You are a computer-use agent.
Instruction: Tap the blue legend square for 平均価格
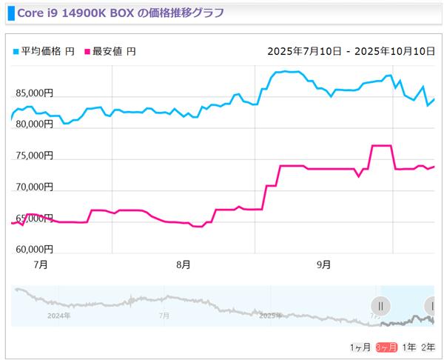[x=16, y=52]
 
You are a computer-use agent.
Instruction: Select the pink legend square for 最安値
[x=87, y=52]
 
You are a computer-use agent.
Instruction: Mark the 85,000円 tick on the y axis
[x=33, y=93]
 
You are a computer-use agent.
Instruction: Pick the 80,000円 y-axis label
[x=33, y=124]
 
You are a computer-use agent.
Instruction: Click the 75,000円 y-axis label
[x=33, y=156]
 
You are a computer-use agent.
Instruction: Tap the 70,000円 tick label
[x=33, y=187]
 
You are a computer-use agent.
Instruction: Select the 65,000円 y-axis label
[x=33, y=218]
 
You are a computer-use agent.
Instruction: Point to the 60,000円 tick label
[x=33, y=249]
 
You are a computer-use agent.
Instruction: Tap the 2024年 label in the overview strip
[x=57, y=316]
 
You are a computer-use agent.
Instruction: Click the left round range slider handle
[x=380, y=305]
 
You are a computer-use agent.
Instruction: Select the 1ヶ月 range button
[x=360, y=347]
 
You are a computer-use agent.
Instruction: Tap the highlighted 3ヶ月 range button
[x=386, y=347]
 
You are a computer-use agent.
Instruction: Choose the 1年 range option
[x=409, y=347]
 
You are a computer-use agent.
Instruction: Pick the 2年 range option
[x=428, y=347]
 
